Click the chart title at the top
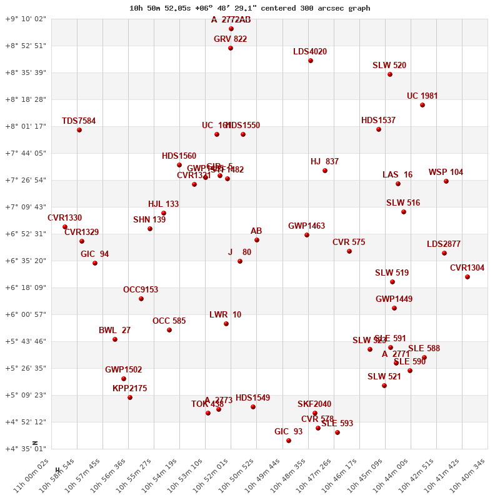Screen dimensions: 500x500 (249, 8)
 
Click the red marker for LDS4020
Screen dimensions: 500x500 (311, 61)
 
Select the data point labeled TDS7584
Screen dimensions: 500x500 (79, 130)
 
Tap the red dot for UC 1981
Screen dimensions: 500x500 (422, 105)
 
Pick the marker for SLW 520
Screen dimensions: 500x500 (390, 74)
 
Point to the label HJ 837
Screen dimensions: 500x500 (324, 162)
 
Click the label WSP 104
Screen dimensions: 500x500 (446, 172)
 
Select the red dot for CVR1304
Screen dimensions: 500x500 (467, 277)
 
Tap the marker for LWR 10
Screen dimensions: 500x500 (226, 324)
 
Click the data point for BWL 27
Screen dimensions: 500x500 (115, 339)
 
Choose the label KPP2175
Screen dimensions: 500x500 (129, 389)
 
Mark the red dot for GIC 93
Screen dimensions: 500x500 (289, 441)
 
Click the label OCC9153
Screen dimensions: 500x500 (141, 290)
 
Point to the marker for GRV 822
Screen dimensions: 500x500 (231, 48)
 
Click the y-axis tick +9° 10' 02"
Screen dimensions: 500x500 (26, 19)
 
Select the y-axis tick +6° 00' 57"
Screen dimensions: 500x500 (26, 314)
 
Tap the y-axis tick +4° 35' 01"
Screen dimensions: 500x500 (26, 449)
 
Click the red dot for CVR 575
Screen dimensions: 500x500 (349, 251)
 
